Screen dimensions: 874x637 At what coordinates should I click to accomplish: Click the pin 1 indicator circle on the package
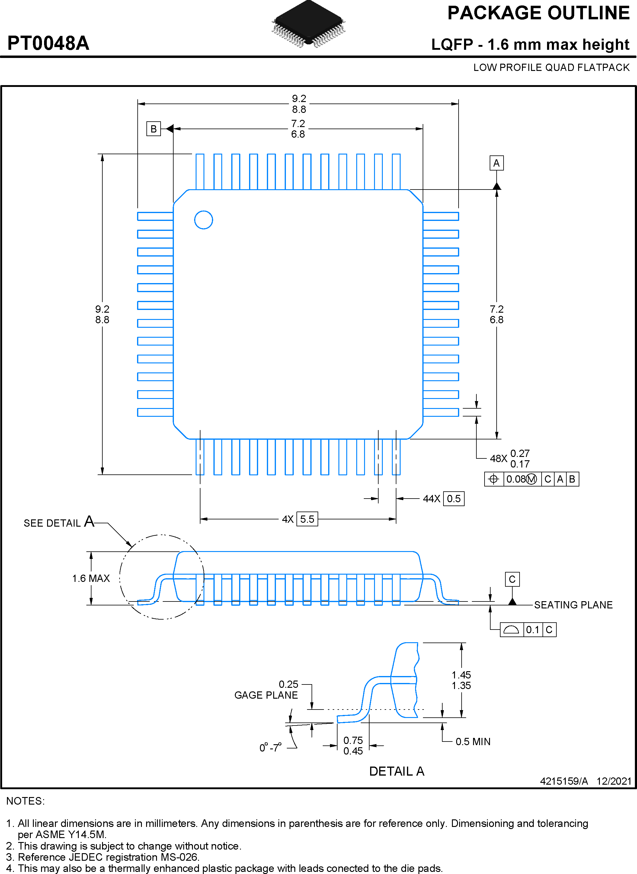203,220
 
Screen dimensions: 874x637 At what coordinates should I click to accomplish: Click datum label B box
153,129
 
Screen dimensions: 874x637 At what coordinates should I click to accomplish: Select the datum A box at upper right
496,163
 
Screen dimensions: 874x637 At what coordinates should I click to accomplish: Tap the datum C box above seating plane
512,579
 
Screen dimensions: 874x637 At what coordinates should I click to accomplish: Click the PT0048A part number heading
49,43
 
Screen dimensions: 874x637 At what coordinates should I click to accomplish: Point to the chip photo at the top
309,24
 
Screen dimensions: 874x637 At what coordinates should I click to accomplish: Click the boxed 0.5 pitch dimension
453,499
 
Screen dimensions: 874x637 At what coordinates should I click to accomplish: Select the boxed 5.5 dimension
307,519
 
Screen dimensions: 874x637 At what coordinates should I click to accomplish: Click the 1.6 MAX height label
91,579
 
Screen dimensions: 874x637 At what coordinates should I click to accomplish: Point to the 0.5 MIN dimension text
473,742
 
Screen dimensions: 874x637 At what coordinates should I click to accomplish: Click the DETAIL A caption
396,771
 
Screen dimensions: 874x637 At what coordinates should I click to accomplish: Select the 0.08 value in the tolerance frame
516,479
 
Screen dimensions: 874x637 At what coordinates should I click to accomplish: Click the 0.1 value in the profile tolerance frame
532,630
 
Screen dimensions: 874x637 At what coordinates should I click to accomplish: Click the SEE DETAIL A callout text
59,522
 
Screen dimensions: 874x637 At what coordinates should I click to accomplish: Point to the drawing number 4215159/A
564,781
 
